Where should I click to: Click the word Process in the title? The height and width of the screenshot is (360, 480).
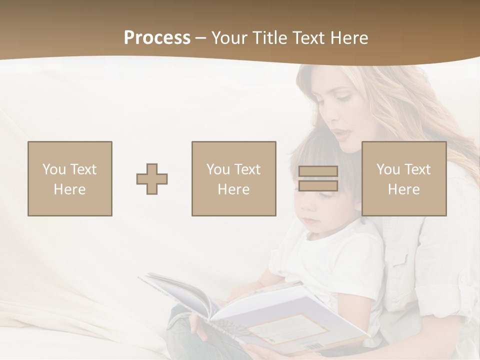coord(157,38)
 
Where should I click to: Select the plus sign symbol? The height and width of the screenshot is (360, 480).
coord(152,179)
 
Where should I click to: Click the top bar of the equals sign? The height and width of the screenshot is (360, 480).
coord(318,171)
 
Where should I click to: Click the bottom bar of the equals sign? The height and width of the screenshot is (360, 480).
coord(318,186)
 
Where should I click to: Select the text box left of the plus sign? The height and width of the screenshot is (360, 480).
coord(70,179)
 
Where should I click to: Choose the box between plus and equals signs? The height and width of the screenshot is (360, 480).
coord(233,179)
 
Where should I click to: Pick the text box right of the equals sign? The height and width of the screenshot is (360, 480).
coord(403,179)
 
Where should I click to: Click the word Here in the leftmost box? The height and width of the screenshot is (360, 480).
coord(69,189)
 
